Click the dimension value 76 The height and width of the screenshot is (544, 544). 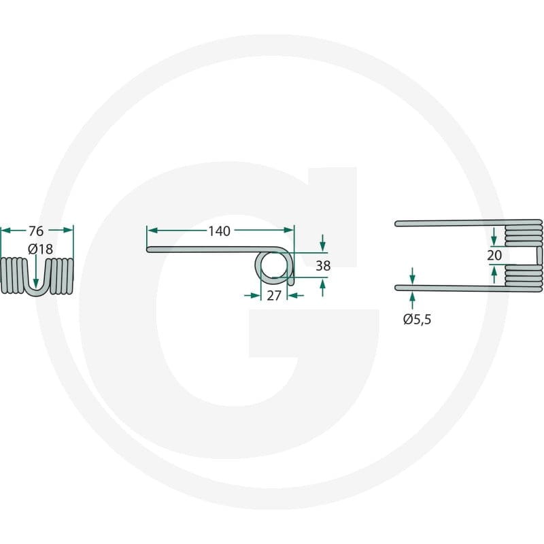36,231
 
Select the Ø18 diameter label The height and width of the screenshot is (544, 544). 41,249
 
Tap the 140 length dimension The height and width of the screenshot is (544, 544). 219,231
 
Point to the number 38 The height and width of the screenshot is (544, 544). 323,266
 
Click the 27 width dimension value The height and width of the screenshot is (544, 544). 274,296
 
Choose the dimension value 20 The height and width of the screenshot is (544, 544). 494,256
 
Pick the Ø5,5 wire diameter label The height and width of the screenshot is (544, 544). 417,319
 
